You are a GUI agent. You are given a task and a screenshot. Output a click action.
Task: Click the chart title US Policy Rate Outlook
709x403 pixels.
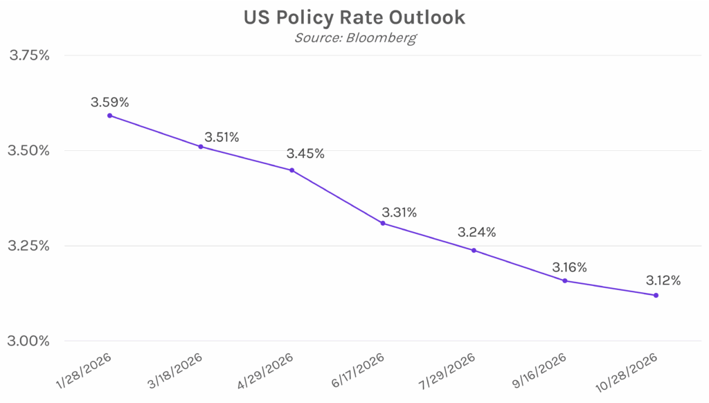coord(354,17)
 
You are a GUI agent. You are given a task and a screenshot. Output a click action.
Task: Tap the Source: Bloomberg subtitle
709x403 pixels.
coord(354,37)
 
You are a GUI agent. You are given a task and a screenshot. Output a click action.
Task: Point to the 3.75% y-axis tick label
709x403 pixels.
coord(29,55)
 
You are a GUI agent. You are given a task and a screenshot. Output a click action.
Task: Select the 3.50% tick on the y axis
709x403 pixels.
coord(29,151)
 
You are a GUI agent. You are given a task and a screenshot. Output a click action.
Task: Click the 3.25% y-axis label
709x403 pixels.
coord(29,246)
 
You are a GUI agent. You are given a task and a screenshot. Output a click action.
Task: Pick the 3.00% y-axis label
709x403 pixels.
coord(29,341)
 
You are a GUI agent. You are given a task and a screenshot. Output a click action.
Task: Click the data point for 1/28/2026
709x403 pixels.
coord(110,116)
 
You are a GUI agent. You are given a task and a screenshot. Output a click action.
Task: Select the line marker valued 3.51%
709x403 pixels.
coord(201,147)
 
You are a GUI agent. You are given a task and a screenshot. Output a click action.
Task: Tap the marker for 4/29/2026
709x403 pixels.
coord(291,170)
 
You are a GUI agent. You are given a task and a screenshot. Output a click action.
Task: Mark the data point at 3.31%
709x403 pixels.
coord(383,223)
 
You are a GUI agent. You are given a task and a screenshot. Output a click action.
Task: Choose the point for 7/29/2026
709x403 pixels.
coord(474,250)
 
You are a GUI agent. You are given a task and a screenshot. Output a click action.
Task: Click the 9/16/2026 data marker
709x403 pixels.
coord(565,280)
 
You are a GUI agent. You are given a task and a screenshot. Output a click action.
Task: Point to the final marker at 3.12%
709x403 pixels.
coord(656,296)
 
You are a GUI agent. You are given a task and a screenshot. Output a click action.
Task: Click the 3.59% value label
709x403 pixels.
coord(109,102)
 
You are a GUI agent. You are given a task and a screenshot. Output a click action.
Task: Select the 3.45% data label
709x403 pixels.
coord(305,154)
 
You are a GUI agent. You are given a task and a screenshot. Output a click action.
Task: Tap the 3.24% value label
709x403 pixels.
coord(476,233)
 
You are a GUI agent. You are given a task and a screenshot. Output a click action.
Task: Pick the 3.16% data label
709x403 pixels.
coord(569,267)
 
